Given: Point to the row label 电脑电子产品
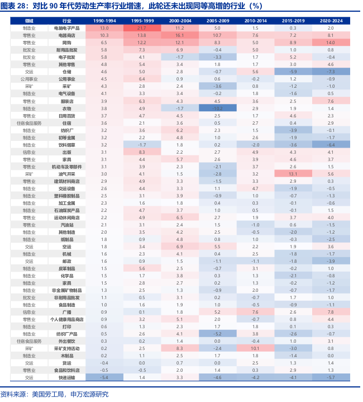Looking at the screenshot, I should pyautogui.click(x=66, y=27).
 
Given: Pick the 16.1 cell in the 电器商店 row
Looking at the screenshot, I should pyautogui.click(x=179, y=35).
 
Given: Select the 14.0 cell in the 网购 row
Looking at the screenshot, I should pyautogui.click(x=331, y=42).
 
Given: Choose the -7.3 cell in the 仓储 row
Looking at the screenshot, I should pyautogui.click(x=331, y=72).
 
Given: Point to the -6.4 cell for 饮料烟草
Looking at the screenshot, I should pyautogui.click(x=331, y=144).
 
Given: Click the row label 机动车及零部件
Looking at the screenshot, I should pyautogui.click(x=66, y=166).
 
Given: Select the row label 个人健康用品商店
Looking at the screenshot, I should pyautogui.click(x=66, y=319).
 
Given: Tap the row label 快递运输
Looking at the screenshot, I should pyautogui.click(x=66, y=377).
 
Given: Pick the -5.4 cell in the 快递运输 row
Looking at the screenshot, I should pyautogui.click(x=104, y=377).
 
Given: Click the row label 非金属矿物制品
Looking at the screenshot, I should pyautogui.click(x=66, y=290).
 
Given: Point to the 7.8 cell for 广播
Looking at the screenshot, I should pyautogui.click(x=331, y=311).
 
